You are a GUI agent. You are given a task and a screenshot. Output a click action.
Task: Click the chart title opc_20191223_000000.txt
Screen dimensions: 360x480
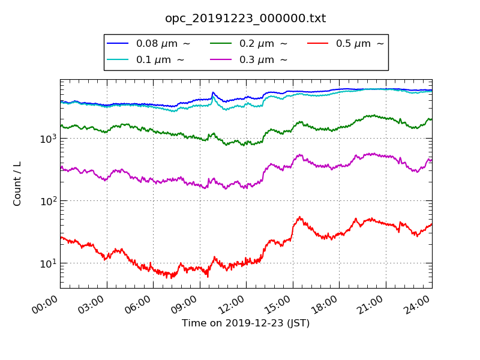tap(245, 19)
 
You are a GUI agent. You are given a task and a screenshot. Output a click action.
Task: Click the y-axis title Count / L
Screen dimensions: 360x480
tap(17, 184)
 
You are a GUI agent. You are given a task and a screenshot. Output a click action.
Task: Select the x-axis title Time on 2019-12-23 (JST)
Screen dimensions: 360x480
tap(245, 323)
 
